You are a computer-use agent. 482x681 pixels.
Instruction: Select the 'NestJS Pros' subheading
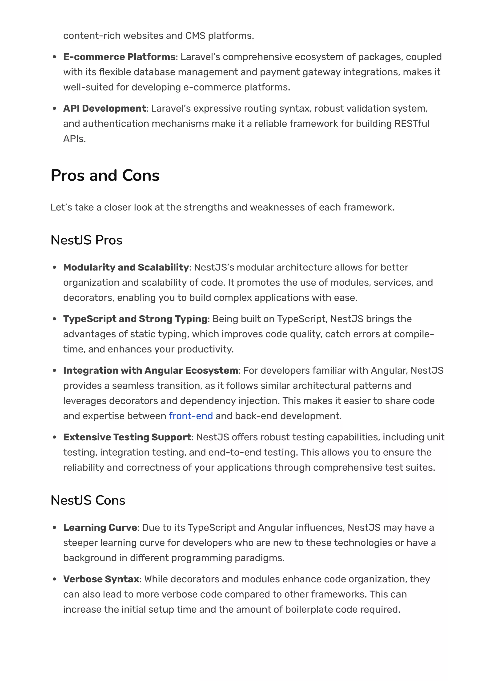[x=86, y=240]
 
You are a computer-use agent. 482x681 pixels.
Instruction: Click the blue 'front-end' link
[x=191, y=416]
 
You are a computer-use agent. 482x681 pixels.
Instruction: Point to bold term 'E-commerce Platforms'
[x=119, y=57]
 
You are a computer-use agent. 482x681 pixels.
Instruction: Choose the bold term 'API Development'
[x=104, y=108]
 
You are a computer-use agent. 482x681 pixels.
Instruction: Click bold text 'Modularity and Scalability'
[x=126, y=267]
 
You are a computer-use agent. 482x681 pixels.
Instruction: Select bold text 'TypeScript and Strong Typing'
[x=135, y=319]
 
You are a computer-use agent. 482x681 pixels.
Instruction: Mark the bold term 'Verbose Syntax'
[x=101, y=579]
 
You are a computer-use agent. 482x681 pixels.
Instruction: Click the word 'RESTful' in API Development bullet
[x=412, y=123]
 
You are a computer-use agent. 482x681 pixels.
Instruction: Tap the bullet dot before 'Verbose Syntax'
[x=54, y=579]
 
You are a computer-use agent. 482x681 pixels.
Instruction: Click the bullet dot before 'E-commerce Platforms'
[x=54, y=57]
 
